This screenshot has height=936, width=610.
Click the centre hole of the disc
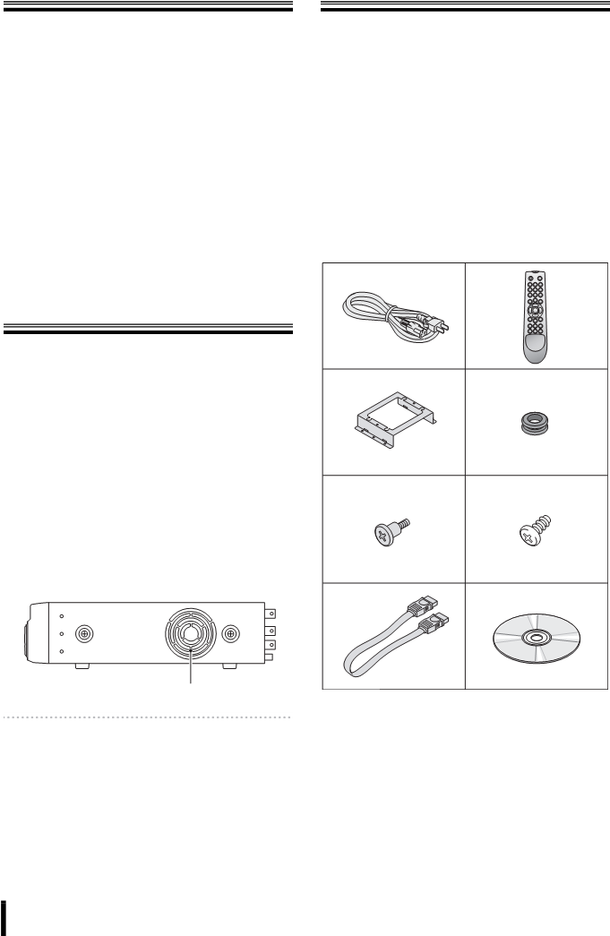pos(536,639)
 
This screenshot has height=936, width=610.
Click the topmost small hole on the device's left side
pos(60,617)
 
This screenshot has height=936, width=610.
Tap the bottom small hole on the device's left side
pos(60,651)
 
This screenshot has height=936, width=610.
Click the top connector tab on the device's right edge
pos(270,614)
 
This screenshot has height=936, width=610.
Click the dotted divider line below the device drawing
pos(149,717)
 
